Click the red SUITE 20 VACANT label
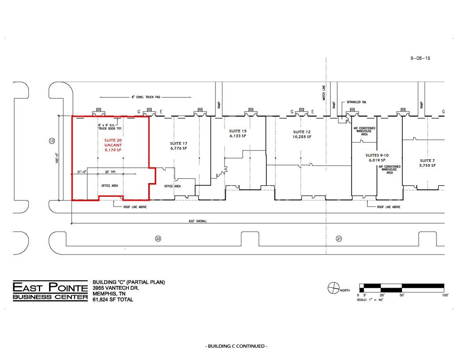tap(113, 145)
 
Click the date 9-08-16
tap(420, 58)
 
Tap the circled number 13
tap(52, 141)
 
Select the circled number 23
tap(158, 239)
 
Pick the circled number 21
tap(339, 239)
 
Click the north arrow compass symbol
tap(332, 289)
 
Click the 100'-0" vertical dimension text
tap(56, 158)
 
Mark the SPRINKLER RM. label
tap(357, 102)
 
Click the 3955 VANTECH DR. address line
tap(116, 288)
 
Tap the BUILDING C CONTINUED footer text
tap(236, 346)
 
